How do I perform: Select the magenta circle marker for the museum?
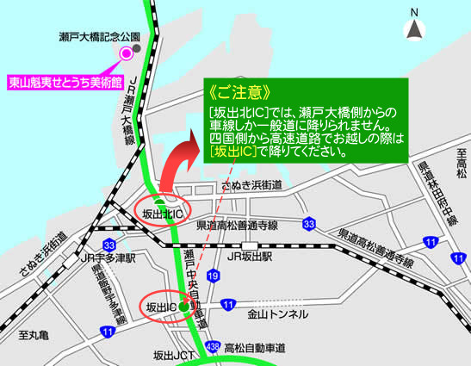127,53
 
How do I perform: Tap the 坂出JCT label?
175,354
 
